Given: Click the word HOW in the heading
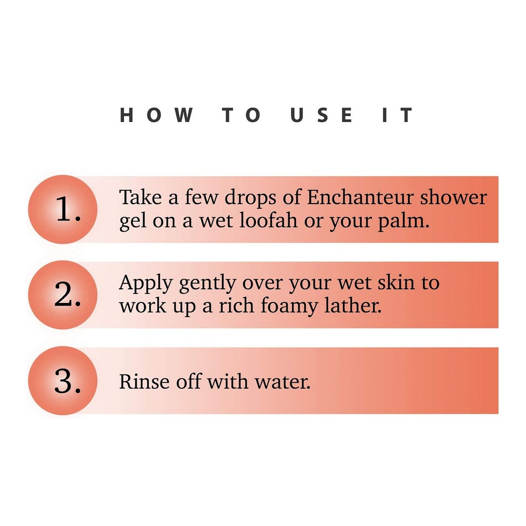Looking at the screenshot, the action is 156,115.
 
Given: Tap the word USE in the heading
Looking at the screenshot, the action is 321,115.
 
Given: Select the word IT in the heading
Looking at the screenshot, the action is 397,115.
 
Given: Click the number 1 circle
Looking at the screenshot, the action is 63,209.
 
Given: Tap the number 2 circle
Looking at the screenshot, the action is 63,295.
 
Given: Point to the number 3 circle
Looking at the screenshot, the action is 63,381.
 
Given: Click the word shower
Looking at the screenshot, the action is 453,197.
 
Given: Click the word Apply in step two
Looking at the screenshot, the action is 146,284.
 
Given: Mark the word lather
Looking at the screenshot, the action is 353,306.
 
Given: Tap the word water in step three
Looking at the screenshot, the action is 282,382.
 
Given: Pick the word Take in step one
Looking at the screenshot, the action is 140,197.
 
